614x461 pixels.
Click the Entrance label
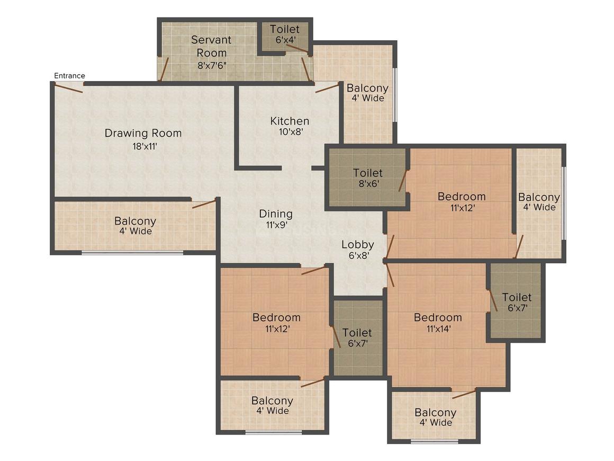(69, 76)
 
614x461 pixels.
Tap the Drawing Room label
(143, 133)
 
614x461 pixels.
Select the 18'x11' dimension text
(143, 147)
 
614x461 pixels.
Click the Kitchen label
(290, 121)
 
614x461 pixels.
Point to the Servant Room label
(212, 46)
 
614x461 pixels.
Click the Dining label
(276, 214)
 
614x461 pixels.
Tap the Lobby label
(358, 244)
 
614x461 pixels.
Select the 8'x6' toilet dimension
(368, 184)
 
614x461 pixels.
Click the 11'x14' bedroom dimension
(438, 329)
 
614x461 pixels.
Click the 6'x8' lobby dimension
(358, 255)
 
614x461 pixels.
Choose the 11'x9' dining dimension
(276, 225)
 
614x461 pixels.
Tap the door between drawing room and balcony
(204, 203)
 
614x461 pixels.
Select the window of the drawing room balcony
(132, 253)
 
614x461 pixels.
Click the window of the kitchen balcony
(394, 95)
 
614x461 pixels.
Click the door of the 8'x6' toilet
(403, 181)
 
